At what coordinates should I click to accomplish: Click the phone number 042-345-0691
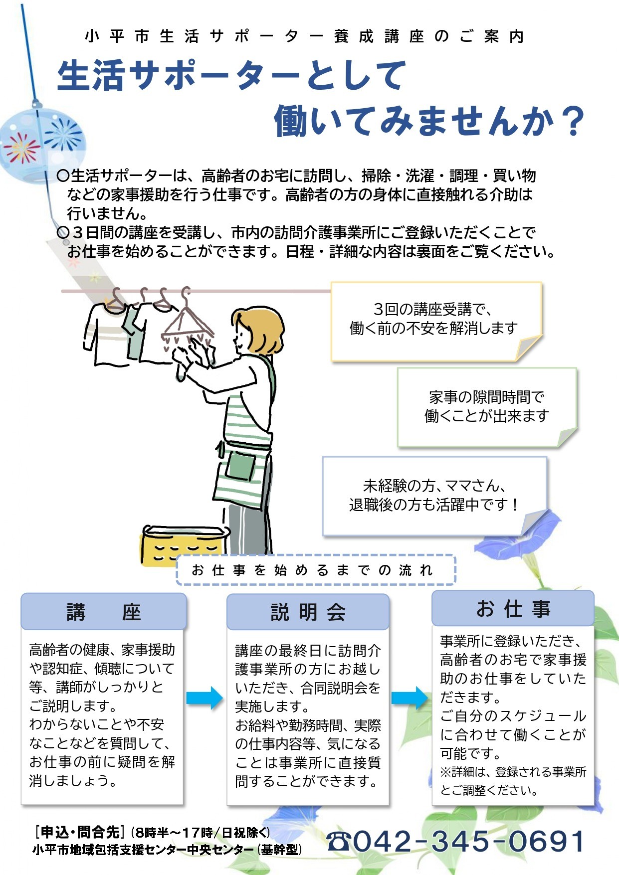click(469, 842)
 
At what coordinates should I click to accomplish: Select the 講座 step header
click(104, 611)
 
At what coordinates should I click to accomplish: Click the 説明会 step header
click(308, 612)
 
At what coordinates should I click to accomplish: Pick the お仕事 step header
click(513, 608)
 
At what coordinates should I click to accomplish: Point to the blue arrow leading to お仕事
click(410, 698)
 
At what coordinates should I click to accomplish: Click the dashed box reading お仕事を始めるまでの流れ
click(316, 570)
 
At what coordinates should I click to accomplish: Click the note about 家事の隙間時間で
click(486, 407)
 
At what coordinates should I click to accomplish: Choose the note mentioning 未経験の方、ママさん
click(434, 495)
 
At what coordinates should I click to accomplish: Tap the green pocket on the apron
click(241, 466)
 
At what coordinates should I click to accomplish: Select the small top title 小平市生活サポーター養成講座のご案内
click(304, 36)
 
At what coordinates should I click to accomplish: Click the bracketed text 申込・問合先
click(79, 832)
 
